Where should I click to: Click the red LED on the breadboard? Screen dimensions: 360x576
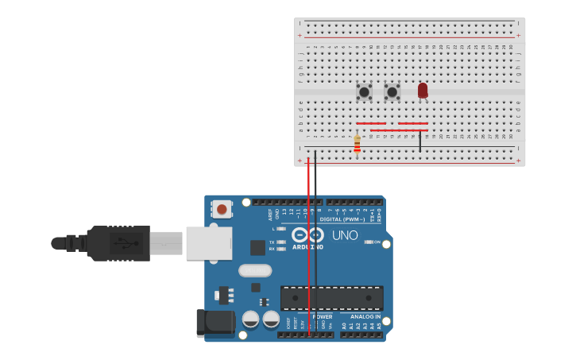[422, 91]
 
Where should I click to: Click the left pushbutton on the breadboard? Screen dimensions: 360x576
[364, 92]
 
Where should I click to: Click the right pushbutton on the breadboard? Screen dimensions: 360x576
[392, 92]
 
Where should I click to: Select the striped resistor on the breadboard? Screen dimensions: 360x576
[357, 145]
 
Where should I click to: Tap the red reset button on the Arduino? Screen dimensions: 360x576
[222, 209]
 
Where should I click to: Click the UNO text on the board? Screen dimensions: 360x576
[345, 235]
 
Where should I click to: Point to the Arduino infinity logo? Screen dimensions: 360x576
[307, 235]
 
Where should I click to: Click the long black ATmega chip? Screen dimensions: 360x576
[331, 298]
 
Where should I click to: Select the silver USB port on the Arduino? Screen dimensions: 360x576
[209, 243]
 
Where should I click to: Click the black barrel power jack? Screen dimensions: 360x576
[214, 322]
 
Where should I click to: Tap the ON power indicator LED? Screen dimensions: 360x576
[369, 242]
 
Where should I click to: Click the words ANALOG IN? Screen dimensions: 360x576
[365, 316]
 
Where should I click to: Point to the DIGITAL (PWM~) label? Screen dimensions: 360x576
[350, 219]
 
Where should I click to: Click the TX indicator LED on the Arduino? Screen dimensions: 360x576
[281, 242]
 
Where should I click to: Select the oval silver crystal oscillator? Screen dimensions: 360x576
[255, 270]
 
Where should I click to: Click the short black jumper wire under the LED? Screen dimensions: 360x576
[420, 141]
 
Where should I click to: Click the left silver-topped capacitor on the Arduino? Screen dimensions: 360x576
[250, 319]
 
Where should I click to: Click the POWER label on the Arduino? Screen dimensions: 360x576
[322, 316]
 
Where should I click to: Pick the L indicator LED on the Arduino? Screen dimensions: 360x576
[281, 229]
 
